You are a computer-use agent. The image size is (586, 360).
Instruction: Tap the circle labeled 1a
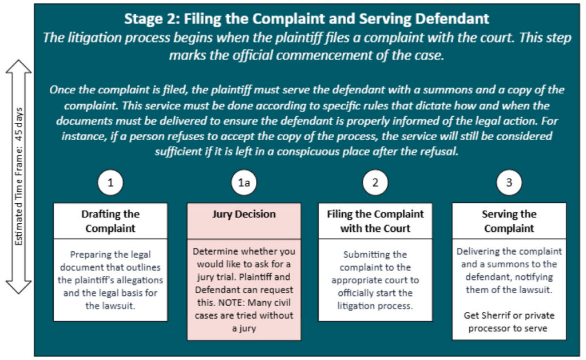pyautogui.click(x=243, y=183)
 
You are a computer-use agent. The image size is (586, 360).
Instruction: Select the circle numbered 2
pyautogui.click(x=375, y=183)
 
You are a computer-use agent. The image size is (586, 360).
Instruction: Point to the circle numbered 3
pyautogui.click(x=509, y=183)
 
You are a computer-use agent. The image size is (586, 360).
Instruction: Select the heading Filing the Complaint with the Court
pyautogui.click(x=375, y=221)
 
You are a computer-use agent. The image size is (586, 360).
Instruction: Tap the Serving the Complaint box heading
pyautogui.click(x=509, y=221)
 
